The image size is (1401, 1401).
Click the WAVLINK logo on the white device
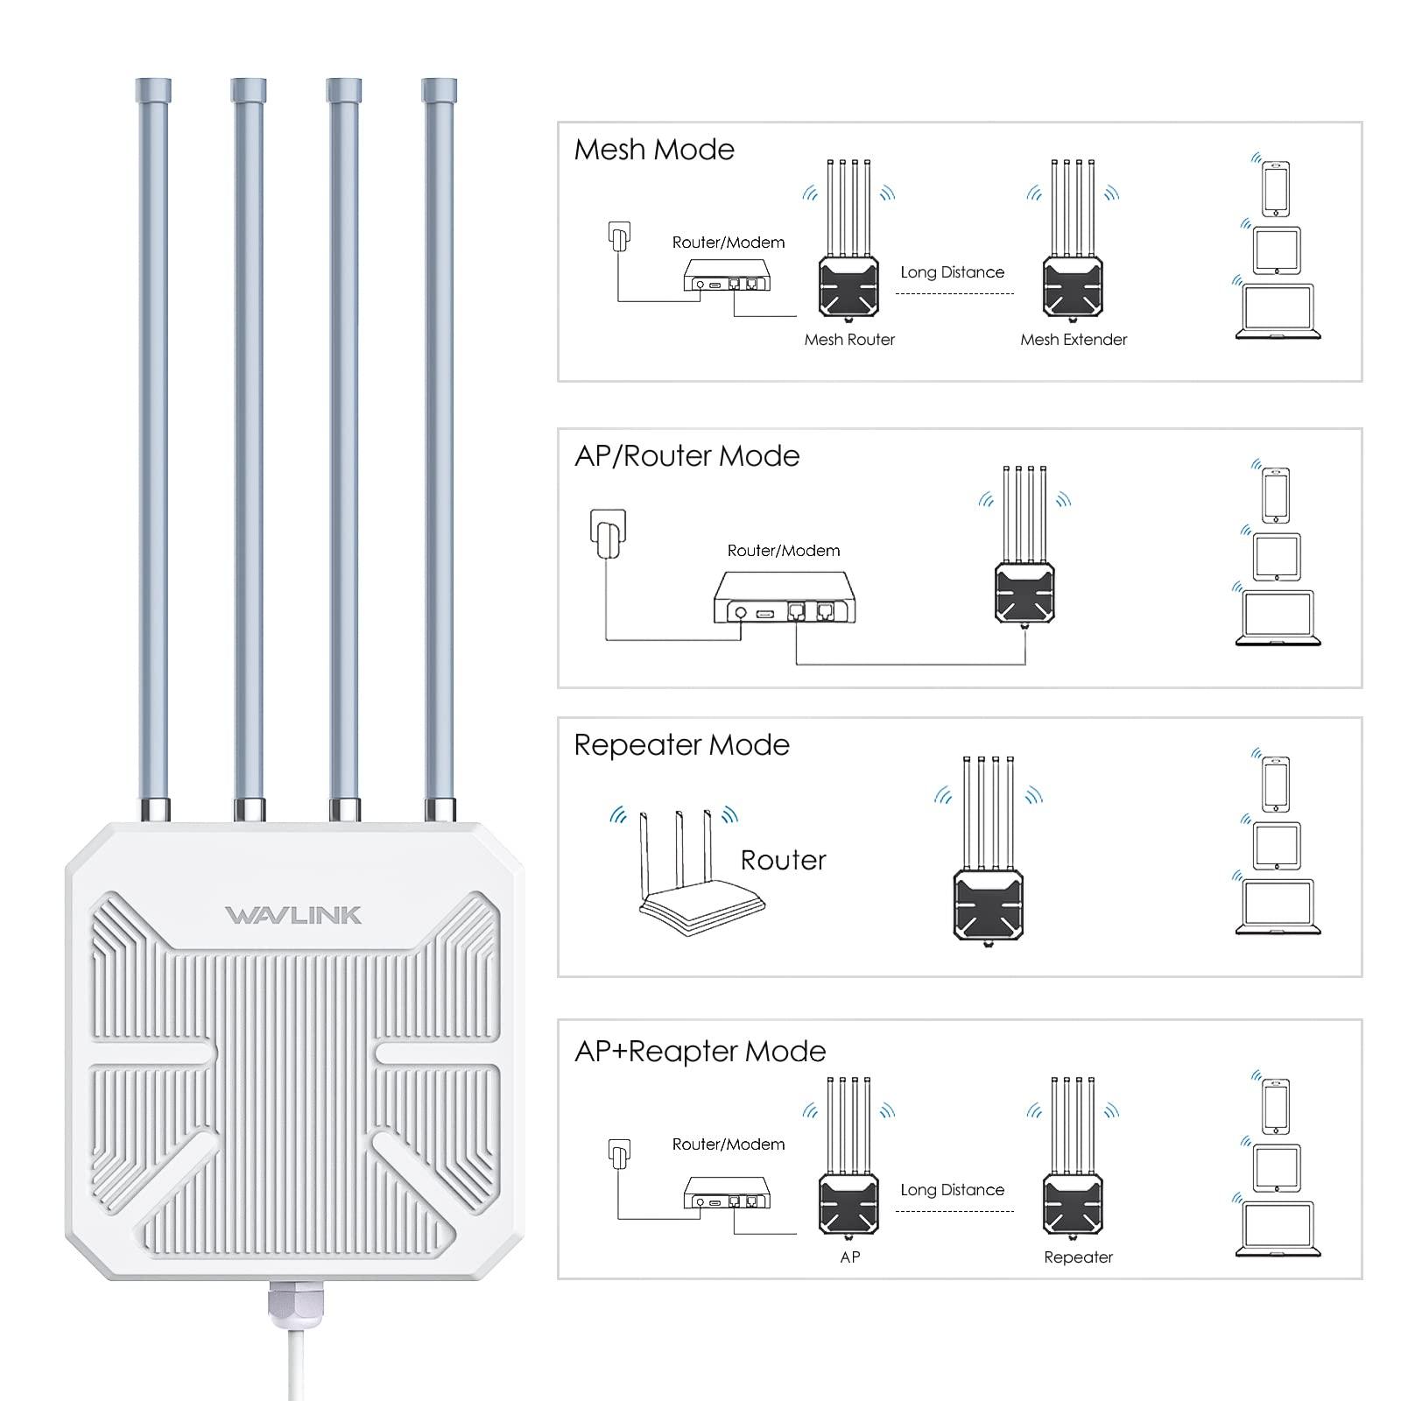tap(292, 915)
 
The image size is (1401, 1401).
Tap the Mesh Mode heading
tap(654, 150)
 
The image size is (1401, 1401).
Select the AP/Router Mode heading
tap(686, 456)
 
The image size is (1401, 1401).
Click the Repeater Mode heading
tap(681, 745)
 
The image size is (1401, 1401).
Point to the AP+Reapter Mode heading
tap(700, 1052)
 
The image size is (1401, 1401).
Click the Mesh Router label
tap(849, 340)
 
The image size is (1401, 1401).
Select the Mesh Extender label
tap(1074, 340)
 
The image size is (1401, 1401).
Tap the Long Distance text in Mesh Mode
tap(952, 272)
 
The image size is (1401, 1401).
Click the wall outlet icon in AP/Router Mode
tap(608, 532)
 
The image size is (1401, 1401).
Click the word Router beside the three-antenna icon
tap(783, 861)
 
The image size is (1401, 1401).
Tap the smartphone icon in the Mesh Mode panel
tap(1276, 188)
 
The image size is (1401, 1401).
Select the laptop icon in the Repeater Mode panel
tap(1278, 907)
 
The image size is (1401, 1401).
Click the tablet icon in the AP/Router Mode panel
tap(1277, 556)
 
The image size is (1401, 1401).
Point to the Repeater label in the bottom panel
tap(1078, 1257)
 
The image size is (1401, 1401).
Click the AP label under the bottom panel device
tap(849, 1257)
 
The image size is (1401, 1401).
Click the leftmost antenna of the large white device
tap(153, 438)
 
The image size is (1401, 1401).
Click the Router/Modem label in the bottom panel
tap(728, 1144)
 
